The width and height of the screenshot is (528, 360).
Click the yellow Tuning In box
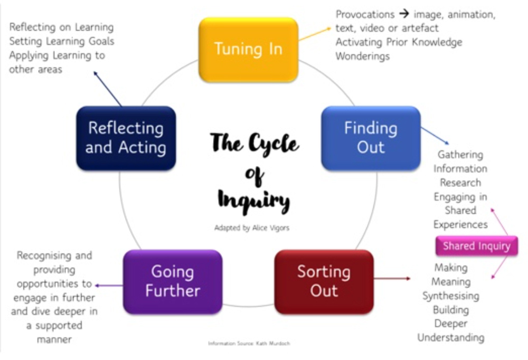248,49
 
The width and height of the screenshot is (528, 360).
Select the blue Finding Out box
371,138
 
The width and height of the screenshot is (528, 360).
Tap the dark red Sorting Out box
324,281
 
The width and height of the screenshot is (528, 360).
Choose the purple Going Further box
173,281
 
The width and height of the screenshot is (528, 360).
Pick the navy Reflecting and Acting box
126,138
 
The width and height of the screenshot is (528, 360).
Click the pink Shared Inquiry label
476,246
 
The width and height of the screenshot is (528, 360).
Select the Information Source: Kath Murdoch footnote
249,343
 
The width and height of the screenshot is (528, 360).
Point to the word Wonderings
363,56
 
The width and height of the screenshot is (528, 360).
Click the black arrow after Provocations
405,14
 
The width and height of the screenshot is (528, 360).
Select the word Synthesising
451,296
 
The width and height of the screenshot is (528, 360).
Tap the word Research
460,183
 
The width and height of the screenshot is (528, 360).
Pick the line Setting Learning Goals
62,41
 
